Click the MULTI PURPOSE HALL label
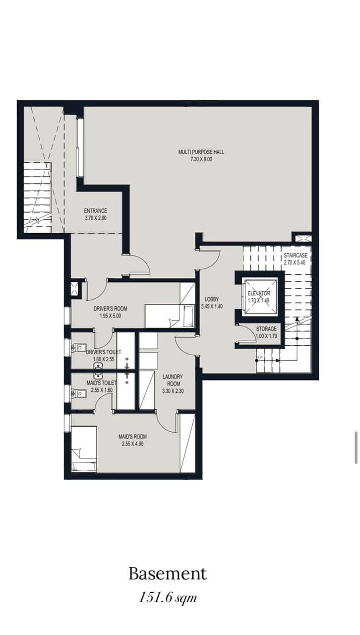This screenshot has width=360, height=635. [201, 152]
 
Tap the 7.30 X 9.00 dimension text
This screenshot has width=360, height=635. [201, 159]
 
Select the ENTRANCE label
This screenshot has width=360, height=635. [96, 211]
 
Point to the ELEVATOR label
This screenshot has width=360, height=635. [259, 293]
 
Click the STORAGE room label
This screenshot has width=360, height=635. [266, 329]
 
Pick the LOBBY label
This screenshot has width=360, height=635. [212, 299]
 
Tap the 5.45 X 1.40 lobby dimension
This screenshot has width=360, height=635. [212, 307]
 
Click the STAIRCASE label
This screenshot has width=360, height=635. [296, 255]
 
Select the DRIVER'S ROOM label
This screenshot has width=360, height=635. [110, 309]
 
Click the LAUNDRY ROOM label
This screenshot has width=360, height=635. [173, 380]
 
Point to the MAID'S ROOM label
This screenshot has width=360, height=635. [133, 437]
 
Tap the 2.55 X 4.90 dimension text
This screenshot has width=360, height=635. [133, 444]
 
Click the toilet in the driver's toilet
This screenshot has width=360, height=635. [79, 347]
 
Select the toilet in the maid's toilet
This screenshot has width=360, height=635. [79, 393]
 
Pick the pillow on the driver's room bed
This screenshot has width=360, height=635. [188, 316]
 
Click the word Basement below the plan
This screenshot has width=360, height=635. [168, 574]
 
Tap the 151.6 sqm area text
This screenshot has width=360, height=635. [168, 597]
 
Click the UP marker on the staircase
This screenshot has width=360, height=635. [260, 358]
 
